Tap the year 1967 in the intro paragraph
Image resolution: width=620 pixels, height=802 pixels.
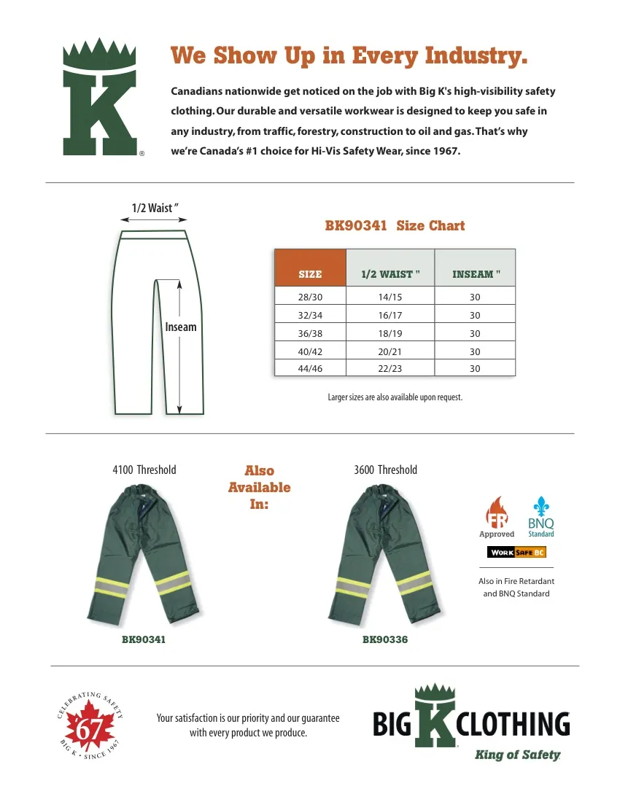tap(445, 151)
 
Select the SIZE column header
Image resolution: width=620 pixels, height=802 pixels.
tap(310, 274)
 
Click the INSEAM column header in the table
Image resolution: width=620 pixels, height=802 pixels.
tap(476, 274)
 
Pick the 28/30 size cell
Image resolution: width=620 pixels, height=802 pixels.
tap(310, 297)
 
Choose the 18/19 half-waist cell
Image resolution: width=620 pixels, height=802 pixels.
tap(390, 333)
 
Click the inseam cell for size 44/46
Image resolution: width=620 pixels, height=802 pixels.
tap(475, 369)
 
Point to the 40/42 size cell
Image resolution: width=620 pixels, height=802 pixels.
tap(310, 351)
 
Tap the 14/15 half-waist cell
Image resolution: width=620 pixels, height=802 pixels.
tap(390, 297)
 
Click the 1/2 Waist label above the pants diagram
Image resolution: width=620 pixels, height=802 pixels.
tap(155, 208)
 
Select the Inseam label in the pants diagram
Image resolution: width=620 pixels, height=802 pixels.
tap(181, 327)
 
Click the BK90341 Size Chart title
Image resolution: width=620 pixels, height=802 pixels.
tap(395, 226)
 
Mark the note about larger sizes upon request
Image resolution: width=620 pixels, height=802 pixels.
tap(395, 397)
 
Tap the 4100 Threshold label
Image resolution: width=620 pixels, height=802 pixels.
tap(144, 470)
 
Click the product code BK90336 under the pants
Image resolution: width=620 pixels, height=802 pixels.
tap(385, 639)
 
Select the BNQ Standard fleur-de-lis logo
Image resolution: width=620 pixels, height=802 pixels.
tap(540, 517)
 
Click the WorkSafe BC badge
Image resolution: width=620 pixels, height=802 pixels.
tap(517, 552)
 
